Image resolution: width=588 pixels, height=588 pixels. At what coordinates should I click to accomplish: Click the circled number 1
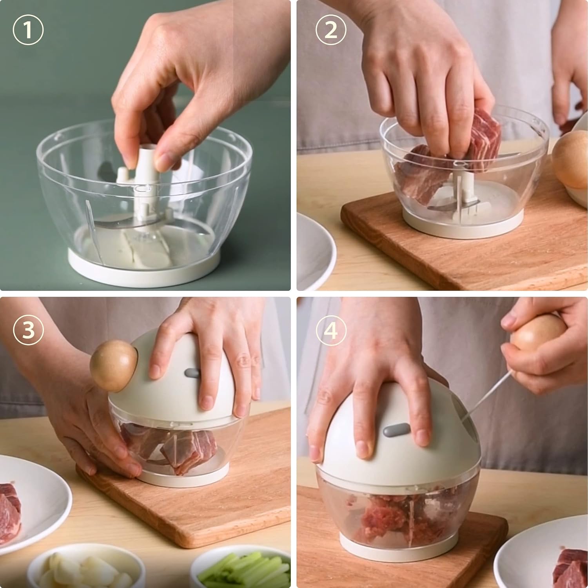[x=28, y=30]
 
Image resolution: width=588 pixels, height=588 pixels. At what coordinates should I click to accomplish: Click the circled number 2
[x=331, y=30]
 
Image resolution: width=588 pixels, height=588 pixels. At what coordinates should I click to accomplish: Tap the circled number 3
[x=28, y=330]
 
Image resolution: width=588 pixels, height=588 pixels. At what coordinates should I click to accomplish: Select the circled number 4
[x=331, y=330]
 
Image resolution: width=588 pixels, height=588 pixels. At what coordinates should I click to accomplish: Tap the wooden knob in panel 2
[x=570, y=159]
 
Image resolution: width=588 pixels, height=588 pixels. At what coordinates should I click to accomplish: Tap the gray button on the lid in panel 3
[x=192, y=373]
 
